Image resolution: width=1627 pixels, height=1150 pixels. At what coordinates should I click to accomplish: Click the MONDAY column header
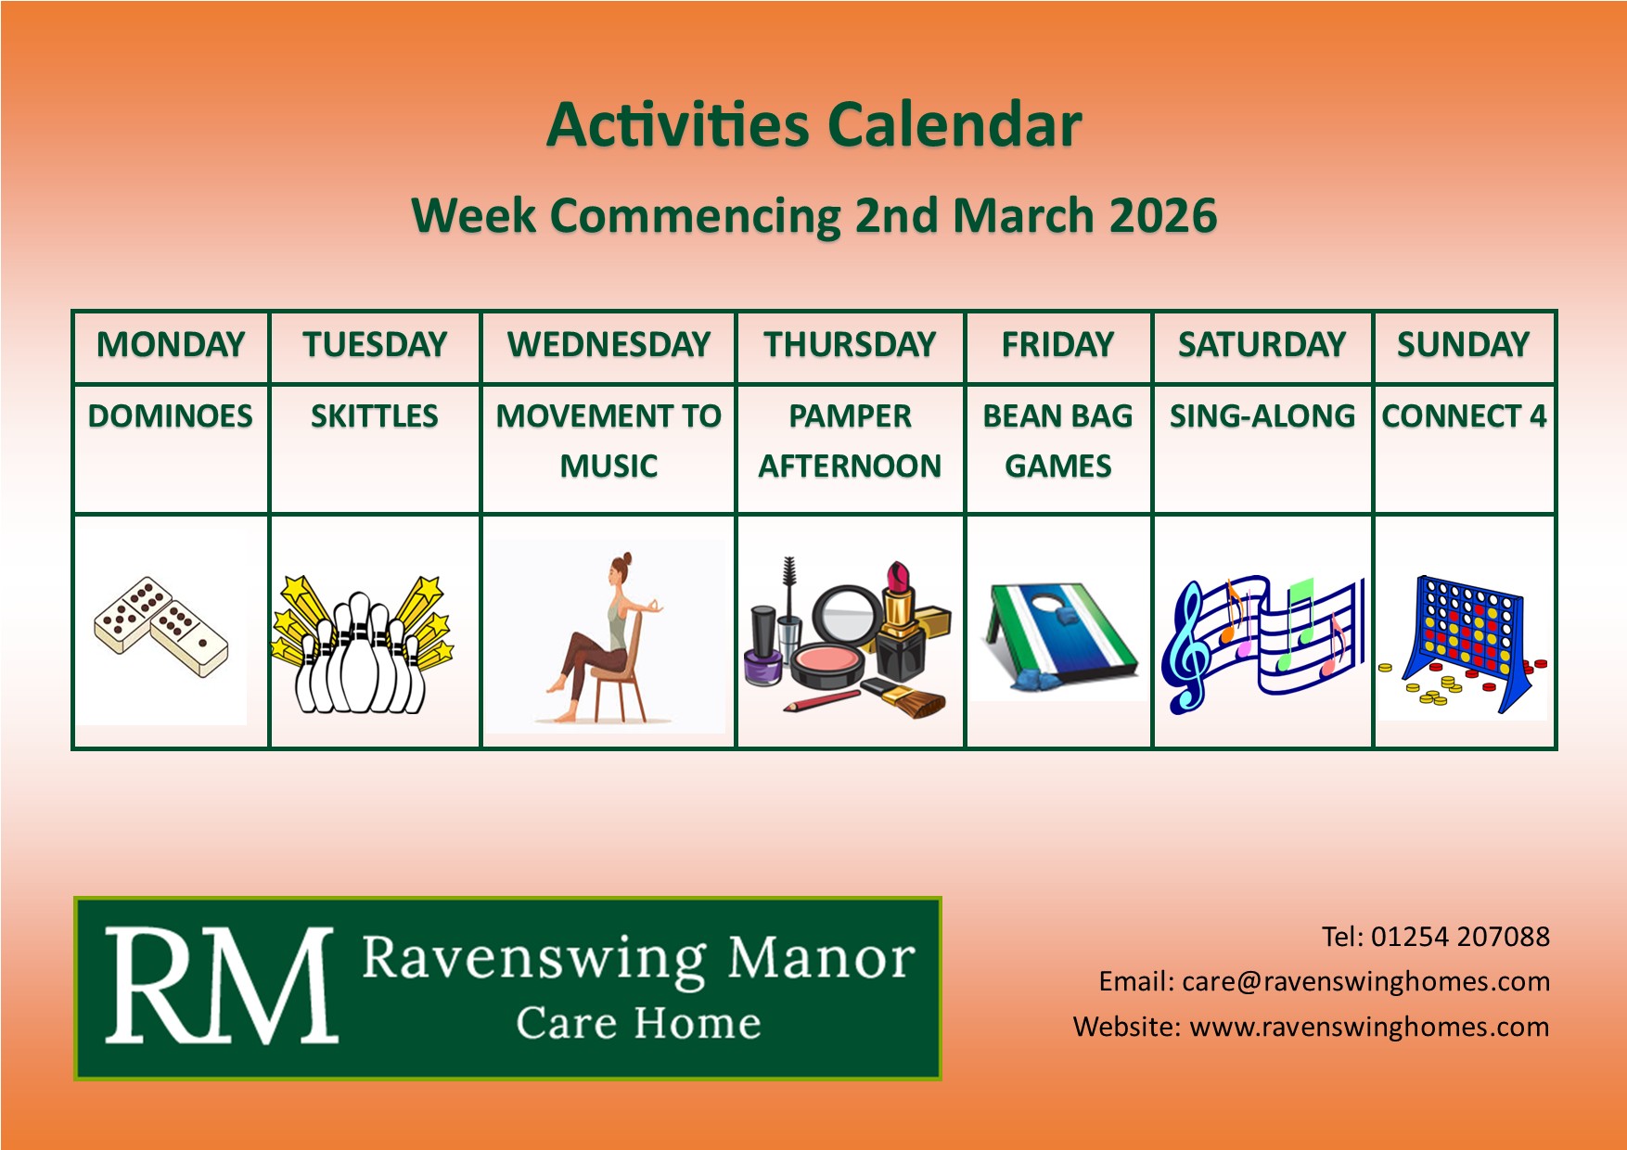pos(171,345)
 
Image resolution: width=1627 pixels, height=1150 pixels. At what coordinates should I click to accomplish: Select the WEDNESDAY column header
pos(609,345)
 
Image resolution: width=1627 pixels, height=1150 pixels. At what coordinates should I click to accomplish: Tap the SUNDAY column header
pos(1463,345)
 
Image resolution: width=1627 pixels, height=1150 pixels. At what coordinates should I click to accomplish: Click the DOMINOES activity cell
pos(171,416)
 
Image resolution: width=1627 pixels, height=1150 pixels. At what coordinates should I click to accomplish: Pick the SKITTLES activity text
pos(375,416)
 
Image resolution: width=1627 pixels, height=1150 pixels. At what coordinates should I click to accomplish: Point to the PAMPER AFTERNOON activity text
pos(850,441)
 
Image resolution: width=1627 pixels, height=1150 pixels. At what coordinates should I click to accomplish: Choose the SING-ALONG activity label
pos(1262,416)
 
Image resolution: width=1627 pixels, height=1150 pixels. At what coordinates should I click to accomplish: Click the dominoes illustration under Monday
pos(161,626)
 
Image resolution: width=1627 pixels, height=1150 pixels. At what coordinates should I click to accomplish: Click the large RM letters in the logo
pos(221,986)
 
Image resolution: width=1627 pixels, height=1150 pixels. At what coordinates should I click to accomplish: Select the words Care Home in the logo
pos(638,1023)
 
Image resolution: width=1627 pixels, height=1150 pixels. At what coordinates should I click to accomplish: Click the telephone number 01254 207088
pos(1460,937)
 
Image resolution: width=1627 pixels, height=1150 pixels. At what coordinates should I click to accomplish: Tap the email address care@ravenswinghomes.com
pos(1365,981)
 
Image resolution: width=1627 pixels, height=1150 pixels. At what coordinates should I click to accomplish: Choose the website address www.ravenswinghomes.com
pos(1369,1027)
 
